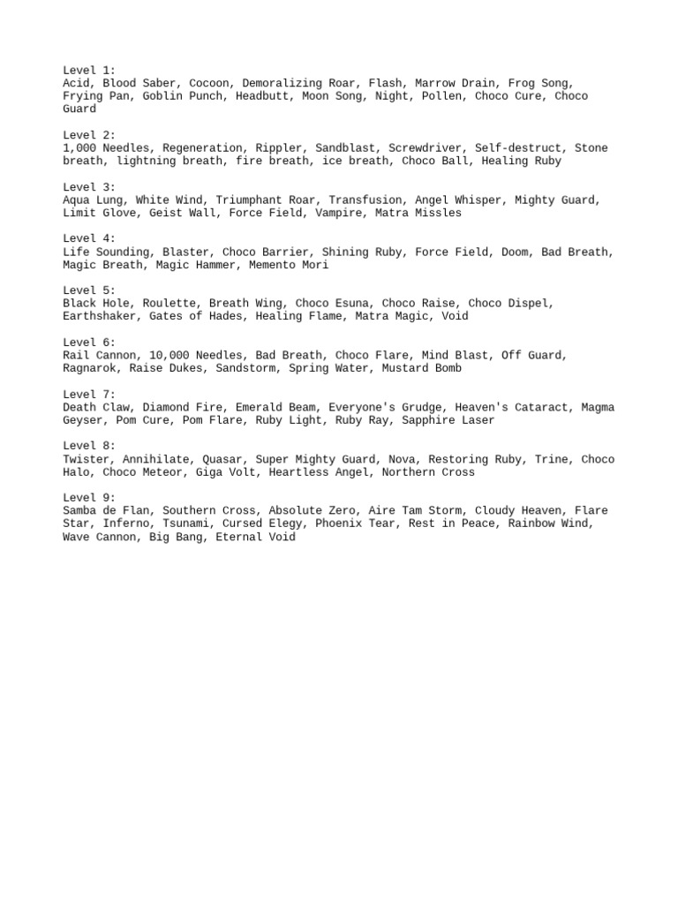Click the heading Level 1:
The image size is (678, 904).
pos(89,70)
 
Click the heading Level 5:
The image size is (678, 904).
pos(89,290)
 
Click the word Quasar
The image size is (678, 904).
pos(225,459)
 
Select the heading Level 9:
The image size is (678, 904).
pos(89,498)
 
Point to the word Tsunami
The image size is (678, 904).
pos(185,524)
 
